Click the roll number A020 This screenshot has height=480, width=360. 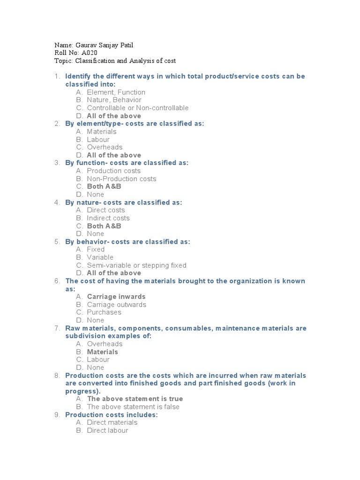(x=90, y=53)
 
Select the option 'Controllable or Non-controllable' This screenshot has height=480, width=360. (x=137, y=108)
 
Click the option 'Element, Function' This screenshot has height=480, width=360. (x=116, y=92)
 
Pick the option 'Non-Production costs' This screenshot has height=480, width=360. (x=121, y=179)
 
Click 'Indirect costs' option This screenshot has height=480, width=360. (x=108, y=218)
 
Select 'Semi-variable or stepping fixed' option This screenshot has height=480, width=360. (x=136, y=265)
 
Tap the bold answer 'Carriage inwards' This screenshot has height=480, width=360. (x=116, y=297)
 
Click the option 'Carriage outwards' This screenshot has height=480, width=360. (x=116, y=305)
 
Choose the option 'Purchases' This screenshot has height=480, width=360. (x=104, y=312)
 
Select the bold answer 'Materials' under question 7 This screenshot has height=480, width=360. (x=102, y=352)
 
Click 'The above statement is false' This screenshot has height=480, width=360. (x=133, y=407)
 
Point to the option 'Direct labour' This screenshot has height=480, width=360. (x=107, y=430)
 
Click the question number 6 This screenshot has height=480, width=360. (x=57, y=281)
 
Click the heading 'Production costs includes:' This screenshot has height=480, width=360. (x=112, y=415)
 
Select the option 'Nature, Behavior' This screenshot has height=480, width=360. (x=114, y=100)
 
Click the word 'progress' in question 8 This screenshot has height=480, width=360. (x=82, y=391)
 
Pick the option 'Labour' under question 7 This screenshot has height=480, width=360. (x=98, y=360)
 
